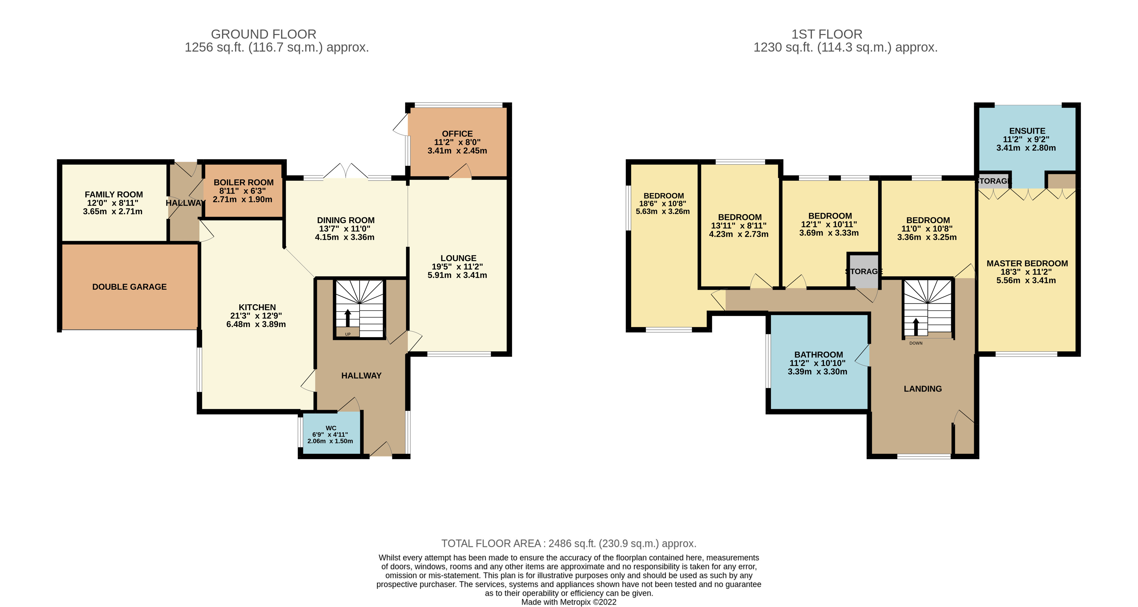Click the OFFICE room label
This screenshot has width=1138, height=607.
(457, 133)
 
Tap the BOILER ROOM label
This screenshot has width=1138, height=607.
(243, 182)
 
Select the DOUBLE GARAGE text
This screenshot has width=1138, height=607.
(129, 287)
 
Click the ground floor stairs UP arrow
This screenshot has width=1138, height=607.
(348, 317)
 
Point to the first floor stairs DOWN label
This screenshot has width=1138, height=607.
(916, 343)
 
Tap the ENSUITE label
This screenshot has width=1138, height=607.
(1027, 131)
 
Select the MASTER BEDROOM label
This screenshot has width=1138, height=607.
(1027, 263)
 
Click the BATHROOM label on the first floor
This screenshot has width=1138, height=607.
(819, 354)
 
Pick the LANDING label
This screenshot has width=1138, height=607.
(923, 389)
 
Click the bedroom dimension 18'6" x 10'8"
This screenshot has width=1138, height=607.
(663, 204)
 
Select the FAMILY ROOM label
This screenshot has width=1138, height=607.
(114, 194)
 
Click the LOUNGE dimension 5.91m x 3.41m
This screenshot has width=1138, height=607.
(457, 275)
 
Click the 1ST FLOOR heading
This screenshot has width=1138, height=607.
(826, 34)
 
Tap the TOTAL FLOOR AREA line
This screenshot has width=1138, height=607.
(569, 543)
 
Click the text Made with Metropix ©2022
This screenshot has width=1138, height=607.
(569, 602)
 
